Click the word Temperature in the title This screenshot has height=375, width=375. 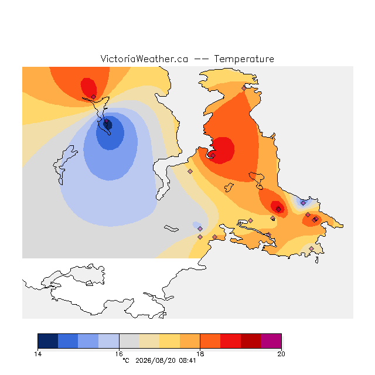[x=244, y=59]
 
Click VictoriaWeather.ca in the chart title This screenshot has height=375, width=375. [x=144, y=59]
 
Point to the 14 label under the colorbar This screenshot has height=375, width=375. [x=37, y=354]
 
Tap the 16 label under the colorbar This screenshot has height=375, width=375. [x=119, y=354]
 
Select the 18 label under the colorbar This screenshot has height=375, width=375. [x=200, y=354]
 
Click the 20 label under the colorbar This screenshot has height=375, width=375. [x=281, y=354]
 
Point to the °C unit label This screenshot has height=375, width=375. [x=126, y=360]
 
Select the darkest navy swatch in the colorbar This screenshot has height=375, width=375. [x=48, y=341]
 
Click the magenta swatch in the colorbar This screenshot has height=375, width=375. [x=271, y=341]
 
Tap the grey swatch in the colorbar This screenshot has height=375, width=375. [x=129, y=341]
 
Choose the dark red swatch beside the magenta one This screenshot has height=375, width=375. [x=251, y=341]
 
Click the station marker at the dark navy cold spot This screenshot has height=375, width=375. [x=107, y=121]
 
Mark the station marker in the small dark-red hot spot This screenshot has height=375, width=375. [x=279, y=210]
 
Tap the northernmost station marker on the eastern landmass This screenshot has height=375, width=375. [x=244, y=88]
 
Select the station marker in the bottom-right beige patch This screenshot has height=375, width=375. [x=311, y=248]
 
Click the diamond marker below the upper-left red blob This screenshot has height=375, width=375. [x=94, y=97]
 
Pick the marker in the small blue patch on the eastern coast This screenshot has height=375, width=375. [x=304, y=203]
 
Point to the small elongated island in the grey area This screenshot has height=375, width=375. [x=171, y=229]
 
